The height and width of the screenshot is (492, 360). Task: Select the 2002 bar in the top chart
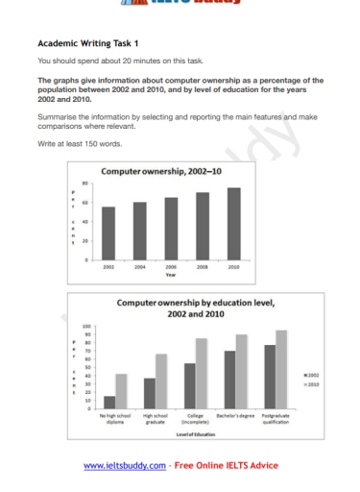pos(108,234)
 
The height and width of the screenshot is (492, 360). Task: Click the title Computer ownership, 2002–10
pos(170,171)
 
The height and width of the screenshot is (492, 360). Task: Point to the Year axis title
pos(171,275)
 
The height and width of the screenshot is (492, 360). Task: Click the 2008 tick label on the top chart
pos(203,267)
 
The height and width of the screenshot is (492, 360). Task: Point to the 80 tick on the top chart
pos(85,184)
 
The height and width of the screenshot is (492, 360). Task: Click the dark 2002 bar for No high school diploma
pos(109,402)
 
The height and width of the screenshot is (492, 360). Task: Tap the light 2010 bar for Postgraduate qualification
pos(281,369)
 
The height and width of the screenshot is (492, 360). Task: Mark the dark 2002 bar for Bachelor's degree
pos(229,379)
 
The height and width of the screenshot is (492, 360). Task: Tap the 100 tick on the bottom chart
pos(87,327)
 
